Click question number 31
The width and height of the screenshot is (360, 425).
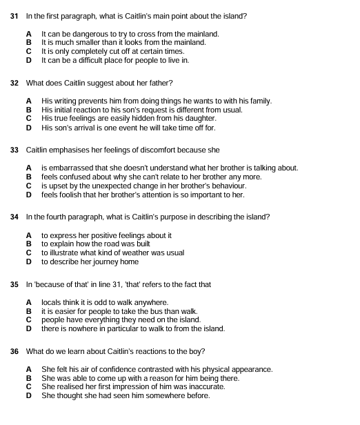(x=14, y=15)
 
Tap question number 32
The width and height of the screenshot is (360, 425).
(x=14, y=83)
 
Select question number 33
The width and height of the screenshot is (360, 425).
(x=14, y=150)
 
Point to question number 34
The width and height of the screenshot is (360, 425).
(x=14, y=217)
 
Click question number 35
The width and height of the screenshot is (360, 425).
(x=14, y=284)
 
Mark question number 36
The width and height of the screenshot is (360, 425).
(x=14, y=351)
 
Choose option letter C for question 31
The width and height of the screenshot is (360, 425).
(x=29, y=51)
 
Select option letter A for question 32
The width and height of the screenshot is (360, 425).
(x=29, y=101)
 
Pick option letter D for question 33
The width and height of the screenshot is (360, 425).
(x=29, y=195)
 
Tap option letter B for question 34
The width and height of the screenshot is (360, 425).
(x=29, y=244)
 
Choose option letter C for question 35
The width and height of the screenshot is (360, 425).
(x=29, y=320)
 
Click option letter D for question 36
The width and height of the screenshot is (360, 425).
(x=29, y=396)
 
